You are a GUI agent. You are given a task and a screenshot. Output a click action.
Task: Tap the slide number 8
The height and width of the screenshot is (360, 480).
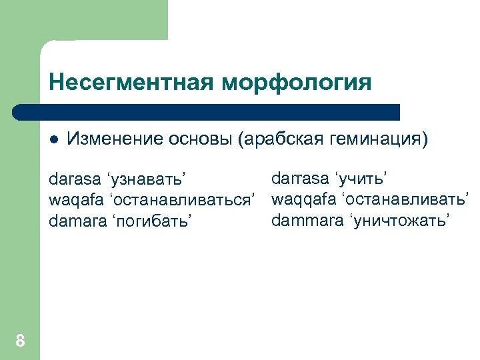point(20,341)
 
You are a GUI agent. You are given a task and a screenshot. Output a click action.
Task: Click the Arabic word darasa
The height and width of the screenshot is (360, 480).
point(73,180)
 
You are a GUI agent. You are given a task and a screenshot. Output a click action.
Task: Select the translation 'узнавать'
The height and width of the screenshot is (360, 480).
point(145,180)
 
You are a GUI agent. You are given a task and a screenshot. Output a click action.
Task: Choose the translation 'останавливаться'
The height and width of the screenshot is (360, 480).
point(181,200)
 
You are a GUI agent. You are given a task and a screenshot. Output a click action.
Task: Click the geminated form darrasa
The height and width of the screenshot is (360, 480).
point(300,178)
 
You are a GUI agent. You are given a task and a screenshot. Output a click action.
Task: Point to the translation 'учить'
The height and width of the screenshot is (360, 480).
point(364,178)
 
